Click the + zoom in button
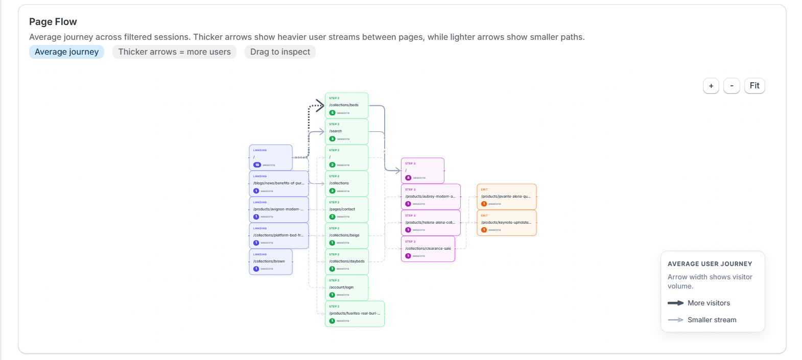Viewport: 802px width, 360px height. pyautogui.click(x=711, y=86)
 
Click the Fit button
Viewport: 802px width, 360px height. pyautogui.click(x=754, y=86)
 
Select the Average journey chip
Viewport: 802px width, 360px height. pyautogui.click(x=66, y=52)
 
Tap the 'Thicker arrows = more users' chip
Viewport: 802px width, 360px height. pyautogui.click(x=174, y=52)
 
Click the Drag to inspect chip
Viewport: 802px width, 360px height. pyautogui.click(x=280, y=52)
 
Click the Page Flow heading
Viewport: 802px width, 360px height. pyautogui.click(x=53, y=21)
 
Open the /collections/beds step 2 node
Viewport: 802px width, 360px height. pyautogui.click(x=346, y=105)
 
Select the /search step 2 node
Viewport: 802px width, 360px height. pyautogui.click(x=346, y=131)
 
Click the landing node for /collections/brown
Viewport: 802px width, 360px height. pyautogui.click(x=270, y=261)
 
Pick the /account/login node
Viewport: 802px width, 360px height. pyautogui.click(x=346, y=287)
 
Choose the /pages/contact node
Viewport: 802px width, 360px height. pyautogui.click(x=346, y=209)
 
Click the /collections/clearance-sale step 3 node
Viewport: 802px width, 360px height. pyautogui.click(x=428, y=249)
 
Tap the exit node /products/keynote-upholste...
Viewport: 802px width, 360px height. pyautogui.click(x=506, y=223)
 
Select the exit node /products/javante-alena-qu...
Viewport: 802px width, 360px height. pyautogui.click(x=506, y=197)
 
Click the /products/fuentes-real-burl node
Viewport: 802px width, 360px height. pyautogui.click(x=355, y=314)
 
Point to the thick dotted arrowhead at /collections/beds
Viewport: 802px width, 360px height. pyautogui.click(x=320, y=106)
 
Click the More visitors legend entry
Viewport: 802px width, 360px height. pyautogui.click(x=708, y=303)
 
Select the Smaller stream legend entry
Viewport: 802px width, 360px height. pyautogui.click(x=711, y=320)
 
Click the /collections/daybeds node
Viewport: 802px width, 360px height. pyautogui.click(x=346, y=261)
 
